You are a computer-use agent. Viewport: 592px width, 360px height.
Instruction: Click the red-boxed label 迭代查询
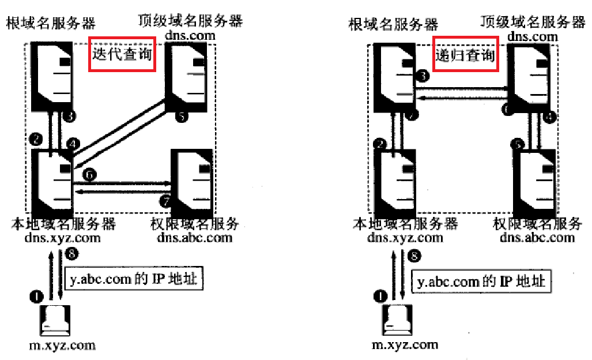[x=122, y=54]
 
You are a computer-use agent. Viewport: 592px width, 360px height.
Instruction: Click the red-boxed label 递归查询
[x=465, y=54]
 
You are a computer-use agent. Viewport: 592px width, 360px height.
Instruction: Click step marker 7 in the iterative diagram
[x=165, y=201]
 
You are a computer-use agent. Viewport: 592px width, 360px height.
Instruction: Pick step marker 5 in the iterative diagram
[x=182, y=117]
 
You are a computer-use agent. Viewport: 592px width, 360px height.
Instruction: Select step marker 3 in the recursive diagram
[x=423, y=76]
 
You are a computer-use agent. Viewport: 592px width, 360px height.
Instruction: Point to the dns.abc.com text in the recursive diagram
[x=537, y=237]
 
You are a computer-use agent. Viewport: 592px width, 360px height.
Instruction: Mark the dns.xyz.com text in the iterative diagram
[x=63, y=237]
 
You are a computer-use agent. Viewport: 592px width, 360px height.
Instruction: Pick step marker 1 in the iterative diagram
[x=36, y=296]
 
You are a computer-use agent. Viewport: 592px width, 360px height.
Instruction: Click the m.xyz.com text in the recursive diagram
[x=404, y=345]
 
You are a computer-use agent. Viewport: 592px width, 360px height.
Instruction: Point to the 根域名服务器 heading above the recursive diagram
[x=394, y=24]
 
